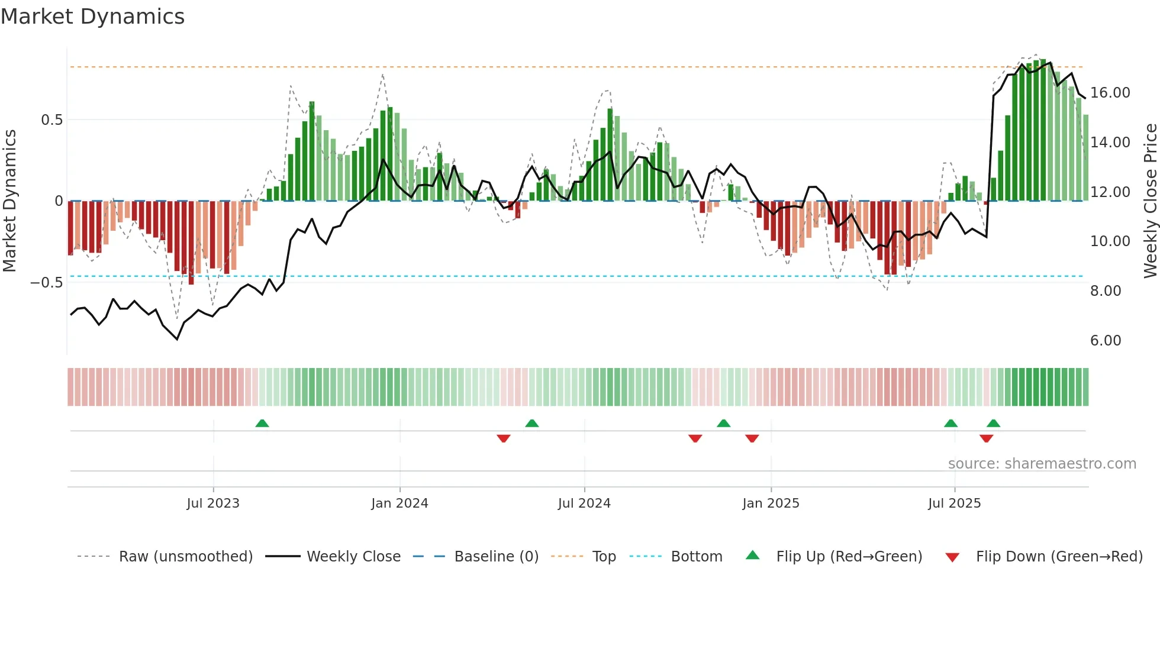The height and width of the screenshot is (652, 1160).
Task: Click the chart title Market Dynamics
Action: point(93,17)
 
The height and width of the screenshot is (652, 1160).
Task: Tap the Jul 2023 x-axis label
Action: point(213,503)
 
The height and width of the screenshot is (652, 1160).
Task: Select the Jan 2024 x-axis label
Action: point(399,503)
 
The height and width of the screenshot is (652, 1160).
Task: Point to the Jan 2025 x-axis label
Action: point(771,503)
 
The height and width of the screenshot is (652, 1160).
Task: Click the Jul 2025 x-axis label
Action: point(954,503)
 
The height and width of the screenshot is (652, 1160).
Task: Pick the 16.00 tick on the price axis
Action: point(1110,93)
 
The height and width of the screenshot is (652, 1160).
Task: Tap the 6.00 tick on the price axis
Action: point(1105,341)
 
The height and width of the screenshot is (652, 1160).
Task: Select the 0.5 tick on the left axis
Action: point(51,120)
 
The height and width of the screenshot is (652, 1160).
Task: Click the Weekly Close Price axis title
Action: point(1150,201)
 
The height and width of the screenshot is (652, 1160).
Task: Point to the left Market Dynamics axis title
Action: point(9,201)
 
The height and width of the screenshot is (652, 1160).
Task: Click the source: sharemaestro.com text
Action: point(1042,464)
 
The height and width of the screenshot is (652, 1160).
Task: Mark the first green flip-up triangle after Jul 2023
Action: point(262,423)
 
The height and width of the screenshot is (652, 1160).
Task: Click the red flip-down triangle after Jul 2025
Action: point(986,438)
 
